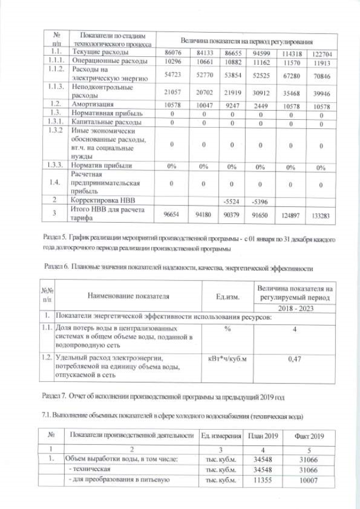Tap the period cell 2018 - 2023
294,309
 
